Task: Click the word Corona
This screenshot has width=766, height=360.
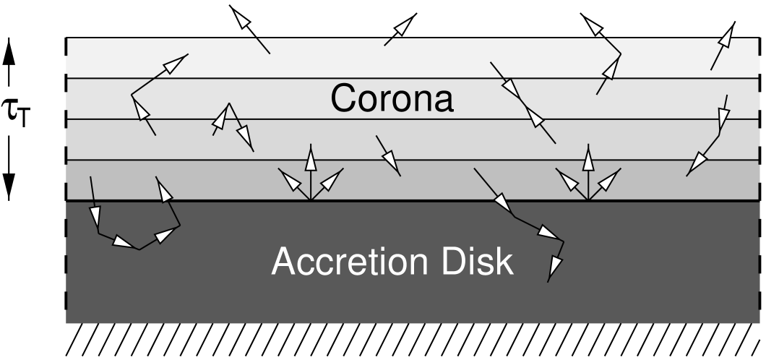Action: tap(392, 98)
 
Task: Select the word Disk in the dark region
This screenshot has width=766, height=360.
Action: tap(478, 262)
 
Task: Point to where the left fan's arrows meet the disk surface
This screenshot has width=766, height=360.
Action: tap(310, 200)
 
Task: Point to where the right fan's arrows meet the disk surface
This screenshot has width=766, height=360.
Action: tap(588, 200)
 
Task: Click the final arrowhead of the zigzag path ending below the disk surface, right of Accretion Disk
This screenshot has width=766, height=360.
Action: tap(554, 269)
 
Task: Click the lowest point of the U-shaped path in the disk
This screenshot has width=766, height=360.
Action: tap(138, 249)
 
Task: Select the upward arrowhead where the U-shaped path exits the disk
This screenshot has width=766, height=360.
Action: tap(164, 189)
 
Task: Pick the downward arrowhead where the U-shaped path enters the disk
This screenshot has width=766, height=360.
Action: tap(95, 216)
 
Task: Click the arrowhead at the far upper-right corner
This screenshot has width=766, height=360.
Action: tap(724, 38)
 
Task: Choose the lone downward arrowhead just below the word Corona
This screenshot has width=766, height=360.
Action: tap(390, 158)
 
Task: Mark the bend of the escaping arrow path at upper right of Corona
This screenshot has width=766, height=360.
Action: tap(620, 53)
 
